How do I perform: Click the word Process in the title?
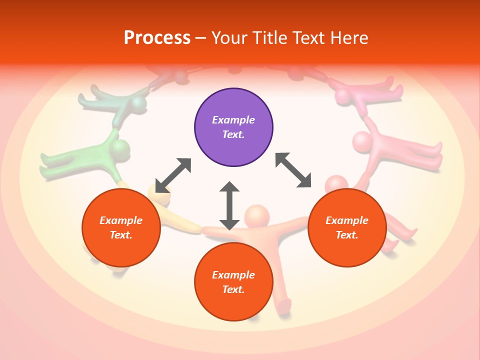point(157,38)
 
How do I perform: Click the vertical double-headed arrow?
point(229,205)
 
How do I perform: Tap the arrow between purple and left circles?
point(173,175)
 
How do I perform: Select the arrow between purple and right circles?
point(293,170)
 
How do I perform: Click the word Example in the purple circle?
point(233,120)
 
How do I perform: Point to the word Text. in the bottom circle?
point(233,289)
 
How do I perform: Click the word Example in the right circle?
point(347,220)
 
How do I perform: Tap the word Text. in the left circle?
point(121,235)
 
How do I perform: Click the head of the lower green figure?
point(120,149)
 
